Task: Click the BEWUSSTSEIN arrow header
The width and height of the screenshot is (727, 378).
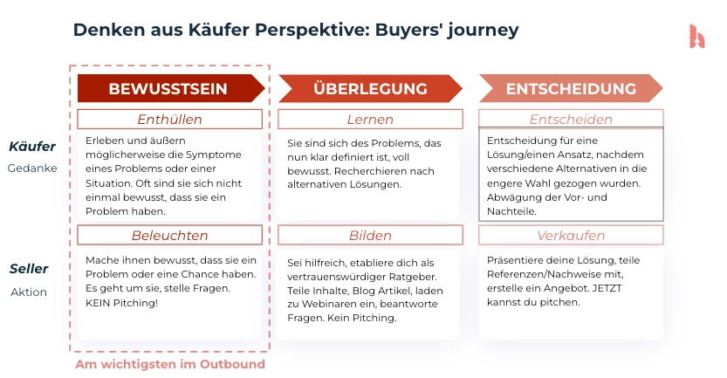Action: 169,88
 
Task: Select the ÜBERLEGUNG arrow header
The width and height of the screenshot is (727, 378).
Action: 369,88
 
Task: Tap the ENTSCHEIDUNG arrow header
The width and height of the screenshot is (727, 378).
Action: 570,88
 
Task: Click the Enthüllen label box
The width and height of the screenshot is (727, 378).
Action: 169,120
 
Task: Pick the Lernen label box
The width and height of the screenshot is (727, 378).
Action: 369,120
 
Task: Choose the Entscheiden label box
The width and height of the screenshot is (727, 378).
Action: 570,120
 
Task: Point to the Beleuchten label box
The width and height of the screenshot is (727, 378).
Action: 169,235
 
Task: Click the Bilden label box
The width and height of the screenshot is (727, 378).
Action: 369,235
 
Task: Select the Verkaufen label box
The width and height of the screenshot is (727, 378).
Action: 570,235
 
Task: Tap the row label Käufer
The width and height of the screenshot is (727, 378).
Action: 32,147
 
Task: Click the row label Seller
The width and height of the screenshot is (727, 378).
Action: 29,269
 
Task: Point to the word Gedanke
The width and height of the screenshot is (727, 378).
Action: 32,168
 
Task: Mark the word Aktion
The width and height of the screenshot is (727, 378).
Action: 29,292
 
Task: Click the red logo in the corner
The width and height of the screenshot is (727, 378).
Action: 696,36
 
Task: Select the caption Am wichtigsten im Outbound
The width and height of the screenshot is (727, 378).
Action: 169,363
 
